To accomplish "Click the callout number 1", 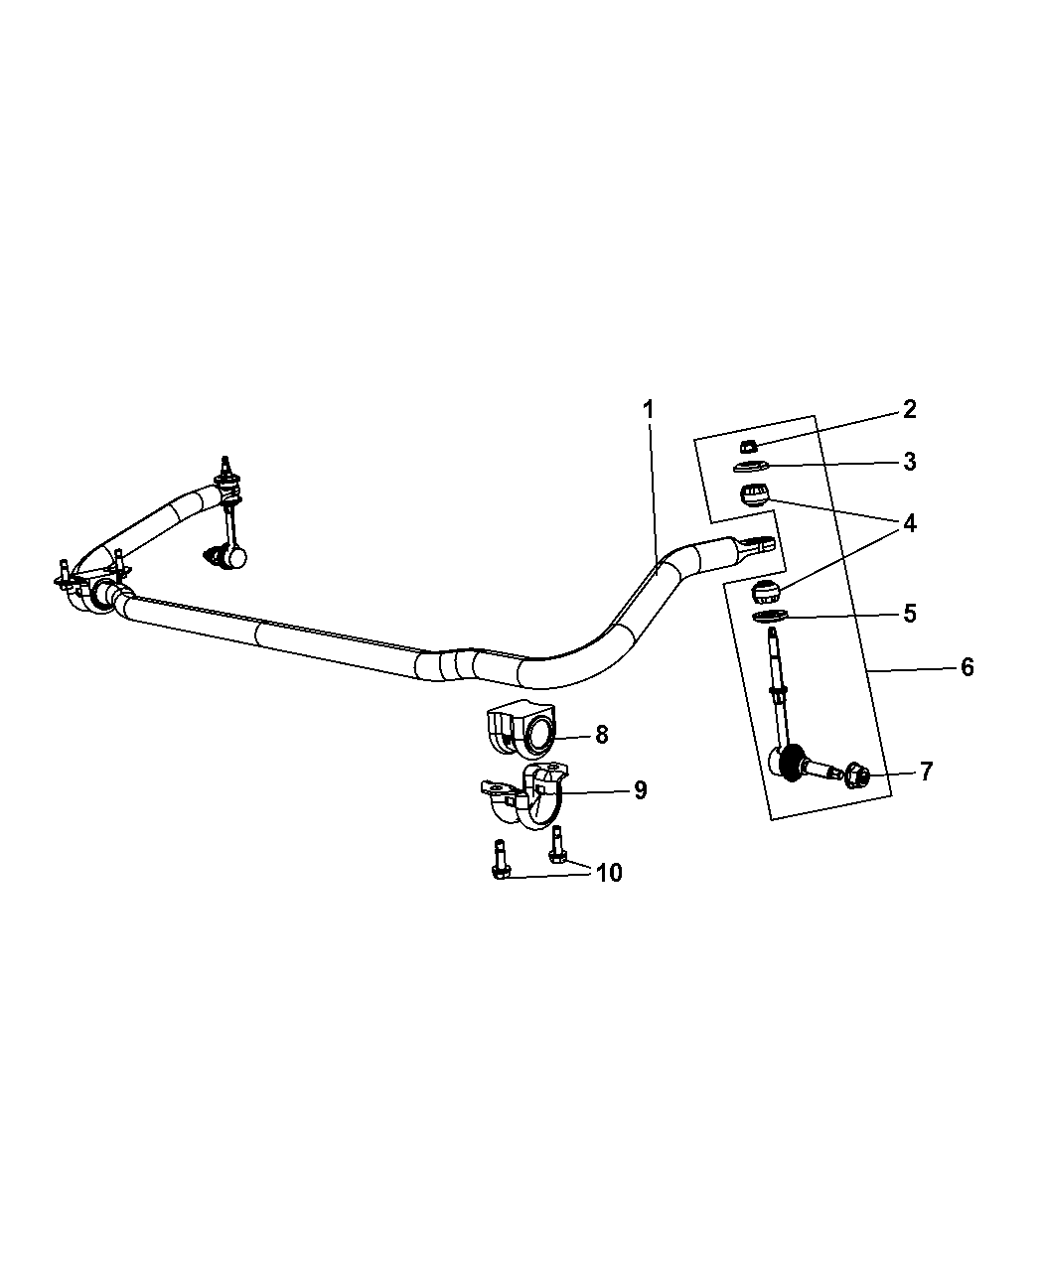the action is tap(649, 410).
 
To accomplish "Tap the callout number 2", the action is tap(909, 410).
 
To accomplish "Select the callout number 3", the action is tap(909, 462).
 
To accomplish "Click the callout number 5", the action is tap(909, 614).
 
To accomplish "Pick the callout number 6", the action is tap(967, 667).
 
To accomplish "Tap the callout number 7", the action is tap(926, 772).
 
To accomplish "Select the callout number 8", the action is tap(601, 735).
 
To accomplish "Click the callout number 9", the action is tap(640, 790).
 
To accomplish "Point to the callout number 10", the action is tap(609, 873).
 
